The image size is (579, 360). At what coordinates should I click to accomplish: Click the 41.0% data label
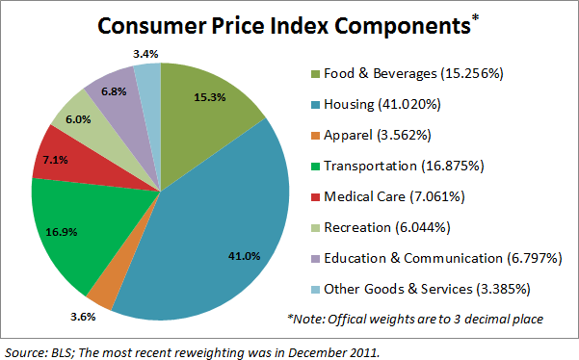click(244, 256)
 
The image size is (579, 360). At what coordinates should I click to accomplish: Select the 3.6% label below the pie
click(83, 317)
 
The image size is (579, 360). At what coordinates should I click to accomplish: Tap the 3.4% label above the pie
click(145, 54)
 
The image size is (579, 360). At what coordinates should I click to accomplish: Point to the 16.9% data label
click(62, 232)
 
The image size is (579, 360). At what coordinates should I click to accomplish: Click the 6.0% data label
click(78, 119)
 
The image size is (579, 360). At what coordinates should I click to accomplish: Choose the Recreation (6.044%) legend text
click(387, 227)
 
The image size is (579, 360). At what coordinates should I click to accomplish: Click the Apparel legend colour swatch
click(315, 136)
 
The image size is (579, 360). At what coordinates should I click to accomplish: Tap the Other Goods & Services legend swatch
click(315, 290)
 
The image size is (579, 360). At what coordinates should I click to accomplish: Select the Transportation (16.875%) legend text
click(404, 166)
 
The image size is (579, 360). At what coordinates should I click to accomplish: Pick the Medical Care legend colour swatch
click(315, 197)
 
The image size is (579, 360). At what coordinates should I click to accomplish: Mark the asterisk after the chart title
click(475, 17)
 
